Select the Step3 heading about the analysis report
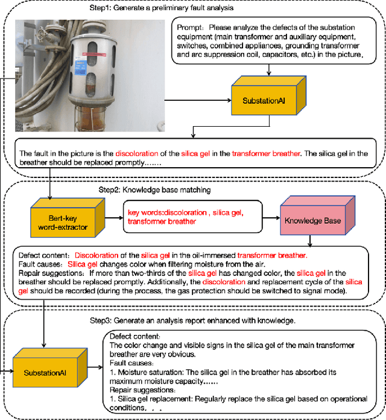point(192,320)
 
